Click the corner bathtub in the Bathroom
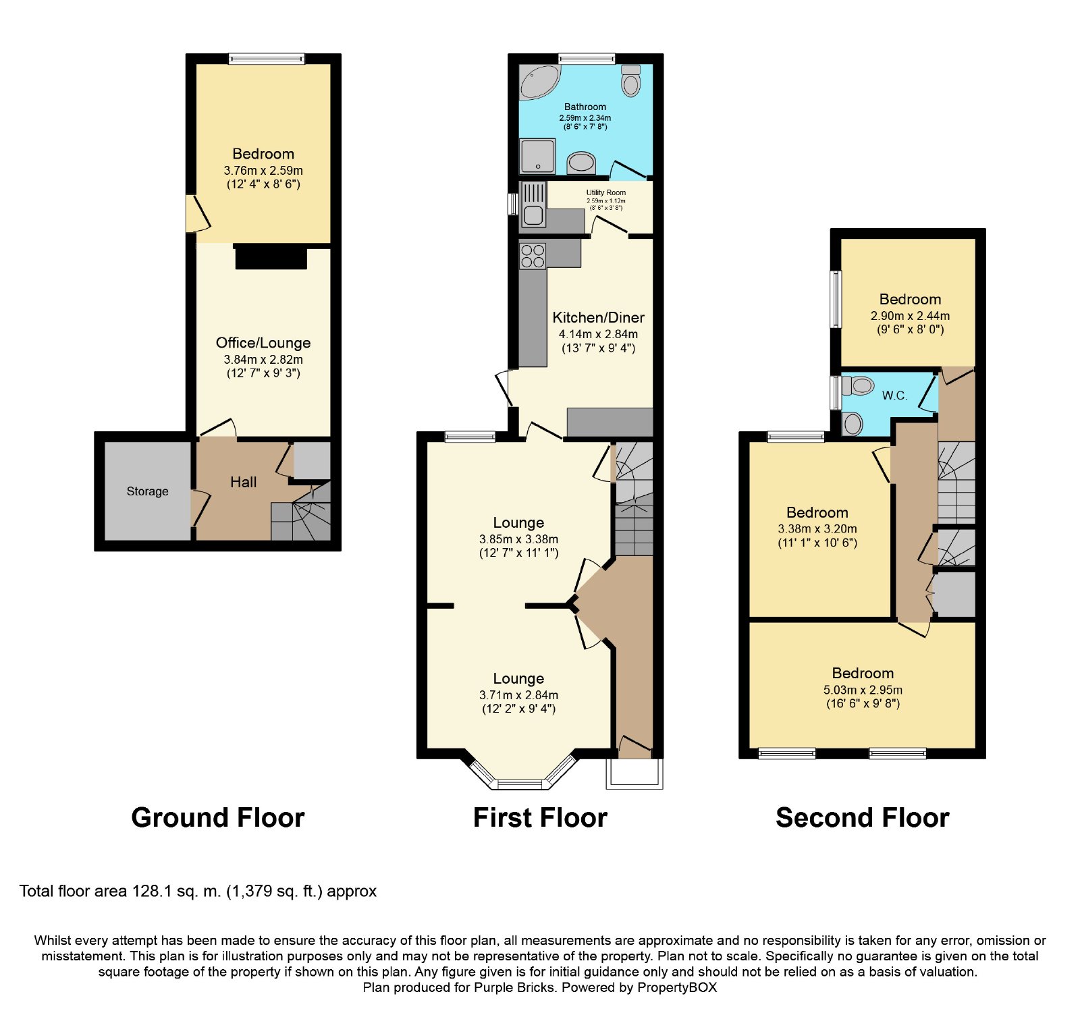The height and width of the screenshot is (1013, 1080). tap(539, 81)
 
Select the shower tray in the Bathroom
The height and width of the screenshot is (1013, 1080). tap(538, 156)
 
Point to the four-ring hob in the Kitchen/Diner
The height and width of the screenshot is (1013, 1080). tap(533, 256)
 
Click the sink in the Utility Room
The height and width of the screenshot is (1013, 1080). tap(533, 204)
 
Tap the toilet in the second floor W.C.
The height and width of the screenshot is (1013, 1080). tap(858, 386)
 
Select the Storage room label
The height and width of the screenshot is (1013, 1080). tap(148, 491)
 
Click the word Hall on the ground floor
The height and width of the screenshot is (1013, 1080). tap(243, 482)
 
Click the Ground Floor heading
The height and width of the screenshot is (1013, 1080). tap(218, 817)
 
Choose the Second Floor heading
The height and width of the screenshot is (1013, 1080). tap(863, 817)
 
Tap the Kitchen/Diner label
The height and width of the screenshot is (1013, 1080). tap(598, 317)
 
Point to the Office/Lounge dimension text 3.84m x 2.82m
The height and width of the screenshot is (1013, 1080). tap(263, 360)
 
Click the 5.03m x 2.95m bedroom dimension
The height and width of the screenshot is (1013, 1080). tap(863, 690)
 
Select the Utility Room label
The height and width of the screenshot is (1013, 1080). tap(605, 192)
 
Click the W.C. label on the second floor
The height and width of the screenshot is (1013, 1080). tap(894, 395)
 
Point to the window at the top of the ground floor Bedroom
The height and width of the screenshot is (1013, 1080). tap(267, 59)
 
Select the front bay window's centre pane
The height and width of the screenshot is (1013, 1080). tap(519, 784)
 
